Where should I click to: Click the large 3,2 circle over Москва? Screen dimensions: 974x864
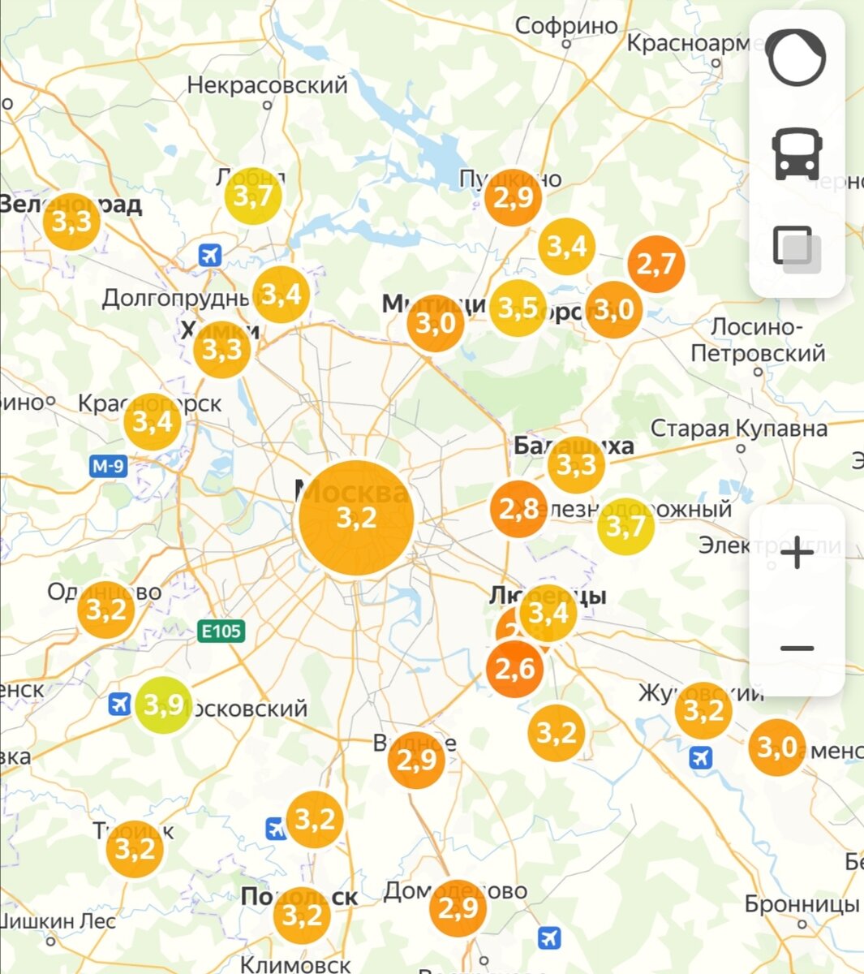(x=356, y=518)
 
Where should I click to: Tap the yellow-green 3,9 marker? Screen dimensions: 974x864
(x=163, y=705)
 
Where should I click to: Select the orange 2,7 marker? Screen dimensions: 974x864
(x=656, y=264)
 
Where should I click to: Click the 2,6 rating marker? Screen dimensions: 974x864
(x=514, y=669)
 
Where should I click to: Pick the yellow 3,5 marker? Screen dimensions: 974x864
(x=518, y=308)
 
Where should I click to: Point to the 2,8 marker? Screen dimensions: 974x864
(x=518, y=509)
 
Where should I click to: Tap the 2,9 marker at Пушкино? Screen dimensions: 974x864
(x=513, y=197)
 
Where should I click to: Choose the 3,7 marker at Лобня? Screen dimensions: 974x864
(x=253, y=196)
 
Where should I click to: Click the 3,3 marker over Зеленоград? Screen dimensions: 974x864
(x=72, y=221)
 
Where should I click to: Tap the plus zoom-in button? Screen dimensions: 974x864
(x=797, y=554)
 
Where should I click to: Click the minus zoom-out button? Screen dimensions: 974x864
(x=797, y=648)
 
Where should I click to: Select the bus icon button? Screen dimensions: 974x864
(x=797, y=153)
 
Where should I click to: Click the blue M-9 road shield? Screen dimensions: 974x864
(x=108, y=466)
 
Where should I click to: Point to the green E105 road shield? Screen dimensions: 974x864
(x=221, y=631)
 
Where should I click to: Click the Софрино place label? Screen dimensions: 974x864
(x=566, y=26)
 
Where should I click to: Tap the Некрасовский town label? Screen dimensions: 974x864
(x=267, y=84)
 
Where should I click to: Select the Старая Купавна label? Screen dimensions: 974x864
(x=738, y=429)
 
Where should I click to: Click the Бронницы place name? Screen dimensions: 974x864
(x=802, y=903)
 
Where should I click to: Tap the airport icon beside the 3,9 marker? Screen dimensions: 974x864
(x=120, y=704)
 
